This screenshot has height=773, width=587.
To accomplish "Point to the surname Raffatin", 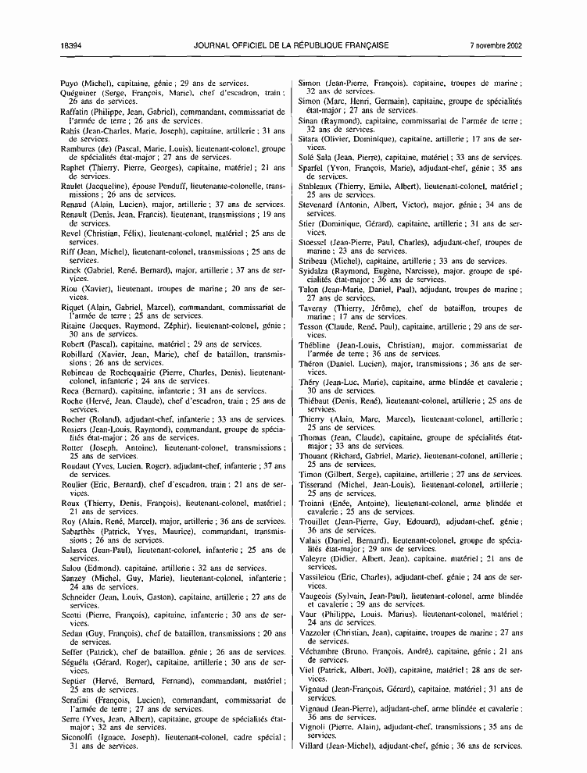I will tap(79, 112).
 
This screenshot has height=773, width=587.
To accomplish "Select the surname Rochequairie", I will tap(140, 373).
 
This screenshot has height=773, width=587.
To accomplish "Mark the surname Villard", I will tap(316, 746).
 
